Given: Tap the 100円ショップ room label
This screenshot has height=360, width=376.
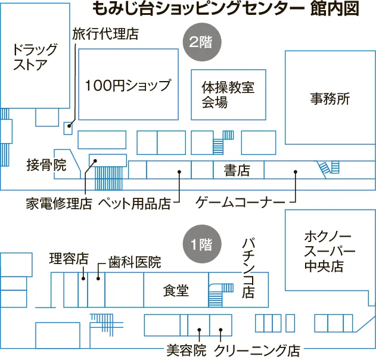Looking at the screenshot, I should [x=128, y=85].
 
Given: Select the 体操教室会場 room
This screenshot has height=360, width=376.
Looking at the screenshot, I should [x=228, y=94].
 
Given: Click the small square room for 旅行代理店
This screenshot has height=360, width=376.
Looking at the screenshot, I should [x=68, y=126].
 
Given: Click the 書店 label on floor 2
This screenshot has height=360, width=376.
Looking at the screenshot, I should [x=237, y=170].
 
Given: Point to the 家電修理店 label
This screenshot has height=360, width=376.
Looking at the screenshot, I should [x=58, y=204].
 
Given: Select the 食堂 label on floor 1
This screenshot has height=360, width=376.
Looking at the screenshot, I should [x=176, y=290].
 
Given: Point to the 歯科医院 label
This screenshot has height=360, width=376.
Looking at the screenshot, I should [x=135, y=262].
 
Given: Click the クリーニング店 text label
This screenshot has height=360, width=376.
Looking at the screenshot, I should [x=257, y=350].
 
